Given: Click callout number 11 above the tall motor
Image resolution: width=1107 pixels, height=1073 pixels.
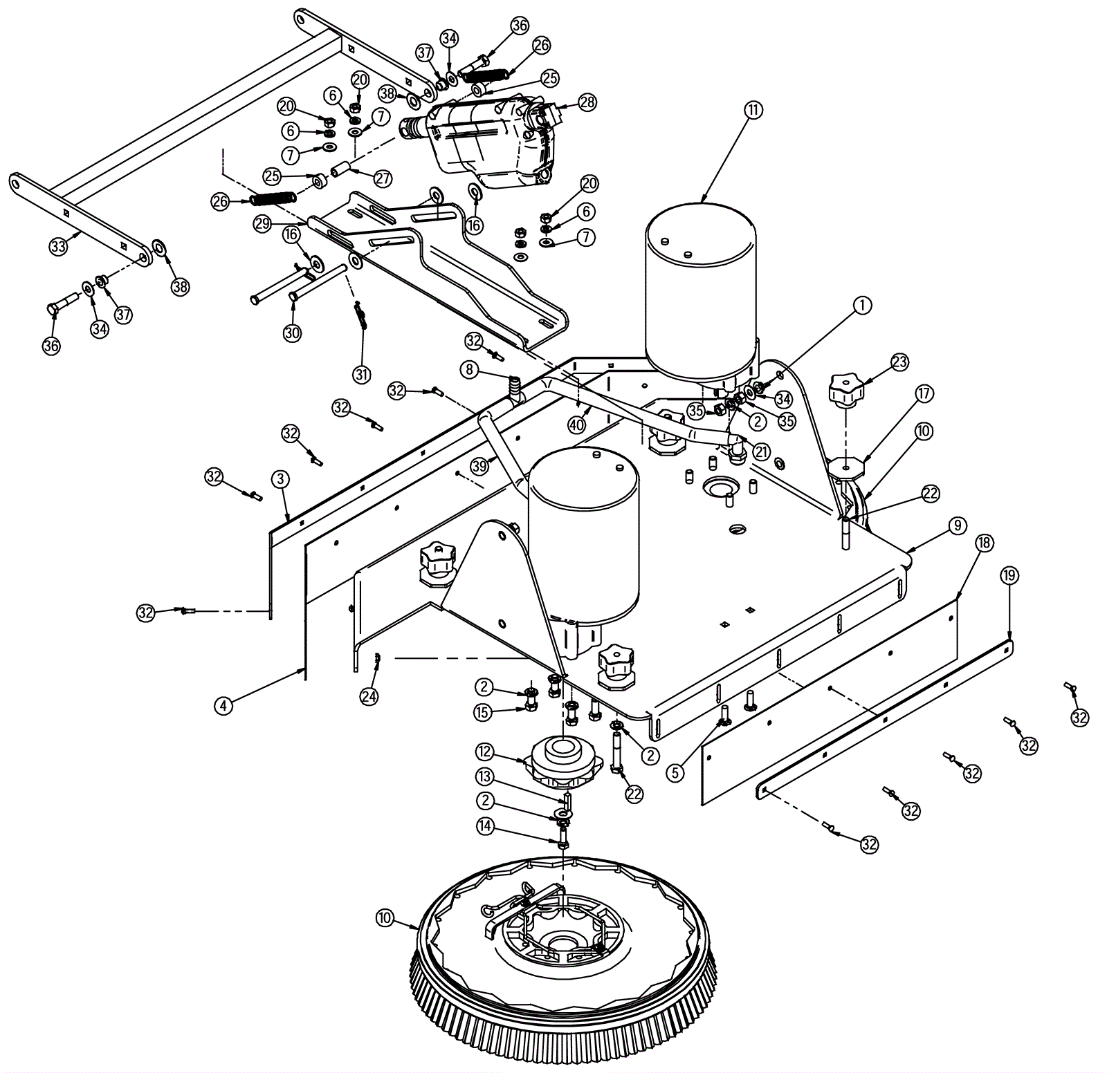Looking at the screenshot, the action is point(753,109).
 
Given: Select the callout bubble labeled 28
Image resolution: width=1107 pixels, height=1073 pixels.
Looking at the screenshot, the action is point(587,102).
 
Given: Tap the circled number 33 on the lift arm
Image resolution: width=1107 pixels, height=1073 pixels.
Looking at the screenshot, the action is point(59,245).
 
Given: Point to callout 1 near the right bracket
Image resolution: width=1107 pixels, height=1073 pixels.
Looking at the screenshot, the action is point(862,305).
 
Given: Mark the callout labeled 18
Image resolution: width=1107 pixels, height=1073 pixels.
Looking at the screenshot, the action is point(984,543).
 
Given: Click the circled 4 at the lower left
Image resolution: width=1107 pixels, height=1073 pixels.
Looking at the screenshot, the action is point(223,706).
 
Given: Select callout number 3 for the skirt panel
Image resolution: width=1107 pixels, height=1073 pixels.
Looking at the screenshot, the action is point(280,478).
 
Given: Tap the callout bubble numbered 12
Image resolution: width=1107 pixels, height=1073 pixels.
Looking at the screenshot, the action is point(484,752).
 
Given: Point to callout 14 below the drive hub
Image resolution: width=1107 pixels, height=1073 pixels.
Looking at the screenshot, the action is point(486,826).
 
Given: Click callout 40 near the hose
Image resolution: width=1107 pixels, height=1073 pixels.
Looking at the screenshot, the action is point(576,424).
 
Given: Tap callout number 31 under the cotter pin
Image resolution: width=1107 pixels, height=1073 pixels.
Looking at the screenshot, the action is point(362,374).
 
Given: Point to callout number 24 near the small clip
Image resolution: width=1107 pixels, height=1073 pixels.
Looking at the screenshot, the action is point(369,696).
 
